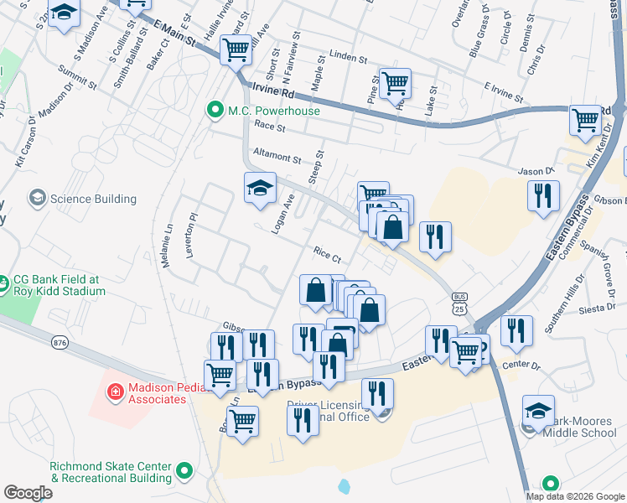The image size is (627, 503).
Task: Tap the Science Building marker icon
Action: pyautogui.click(x=37, y=199)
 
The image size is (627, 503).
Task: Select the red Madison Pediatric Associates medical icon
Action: pyautogui.click(x=115, y=392)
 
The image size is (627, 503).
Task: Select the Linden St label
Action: pyautogui.click(x=349, y=58)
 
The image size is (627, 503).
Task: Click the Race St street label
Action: pyautogui.click(x=270, y=128)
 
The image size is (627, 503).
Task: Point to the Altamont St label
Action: pyautogui.click(x=276, y=157)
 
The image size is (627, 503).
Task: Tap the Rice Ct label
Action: pyautogui.click(x=327, y=254)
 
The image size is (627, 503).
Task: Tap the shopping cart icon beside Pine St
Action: pyautogui.click(x=395, y=83)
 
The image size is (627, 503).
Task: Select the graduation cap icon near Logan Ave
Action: pyautogui.click(x=260, y=187)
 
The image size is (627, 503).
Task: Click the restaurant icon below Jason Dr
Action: pyautogui.click(x=543, y=195)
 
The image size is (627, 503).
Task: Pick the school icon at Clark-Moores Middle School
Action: pyautogui.click(x=538, y=411)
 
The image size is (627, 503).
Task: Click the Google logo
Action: pyautogui.click(x=28, y=492)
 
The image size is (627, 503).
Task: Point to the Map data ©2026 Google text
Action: pyautogui.click(x=575, y=496)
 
